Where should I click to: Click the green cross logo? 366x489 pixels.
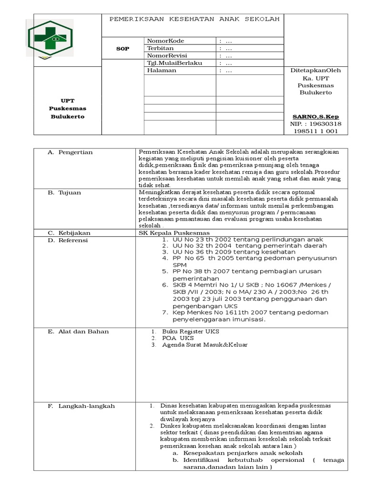click(x=50, y=38)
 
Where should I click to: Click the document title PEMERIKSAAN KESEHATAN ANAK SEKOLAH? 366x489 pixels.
click(x=194, y=20)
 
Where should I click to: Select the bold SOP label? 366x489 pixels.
click(x=123, y=49)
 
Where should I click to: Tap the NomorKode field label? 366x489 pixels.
click(x=165, y=41)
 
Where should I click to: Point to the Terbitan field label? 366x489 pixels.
click(x=160, y=48)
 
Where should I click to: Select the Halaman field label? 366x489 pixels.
click(x=162, y=70)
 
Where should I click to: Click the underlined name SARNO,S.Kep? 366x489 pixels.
click(x=315, y=117)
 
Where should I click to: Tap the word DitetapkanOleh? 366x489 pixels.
click(x=315, y=70)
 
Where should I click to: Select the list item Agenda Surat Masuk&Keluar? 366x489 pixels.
click(x=204, y=345)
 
